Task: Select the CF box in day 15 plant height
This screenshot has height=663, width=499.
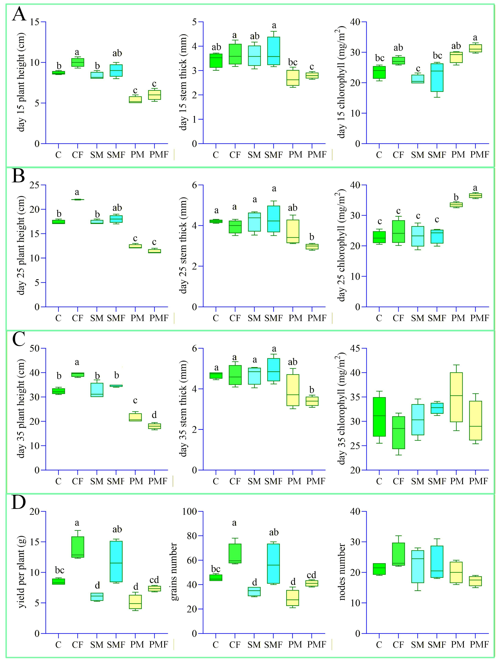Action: coord(77,62)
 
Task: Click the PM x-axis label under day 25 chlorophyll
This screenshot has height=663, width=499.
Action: coord(458,318)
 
